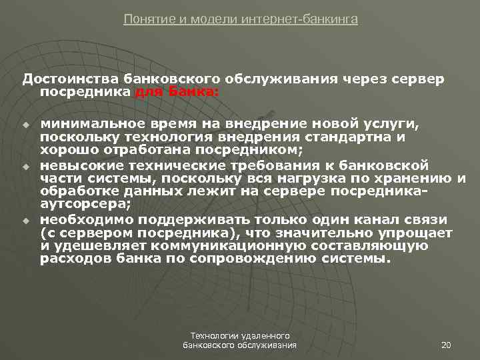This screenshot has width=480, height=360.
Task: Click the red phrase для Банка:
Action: click(x=177, y=93)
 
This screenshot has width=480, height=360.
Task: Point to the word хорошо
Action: click(x=66, y=150)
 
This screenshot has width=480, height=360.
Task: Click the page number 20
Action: click(x=447, y=344)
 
